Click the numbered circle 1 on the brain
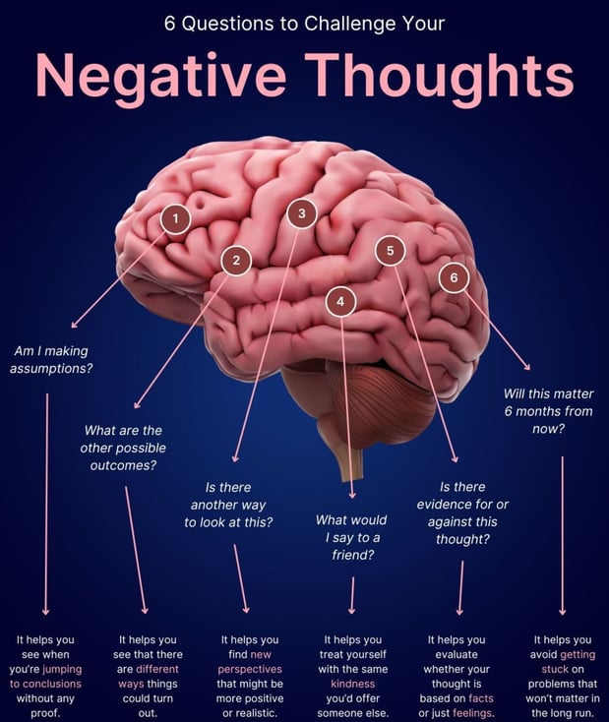(x=175, y=219)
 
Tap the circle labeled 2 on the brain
(x=236, y=261)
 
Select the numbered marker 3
(x=302, y=213)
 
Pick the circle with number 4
(x=340, y=303)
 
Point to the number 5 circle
(x=391, y=251)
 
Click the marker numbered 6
(x=454, y=278)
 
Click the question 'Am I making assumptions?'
(x=53, y=360)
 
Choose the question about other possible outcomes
(x=124, y=448)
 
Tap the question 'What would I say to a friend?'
(x=351, y=537)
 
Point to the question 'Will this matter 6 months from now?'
(x=548, y=411)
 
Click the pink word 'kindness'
(x=352, y=683)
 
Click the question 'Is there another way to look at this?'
(x=228, y=504)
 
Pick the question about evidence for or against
(x=462, y=512)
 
